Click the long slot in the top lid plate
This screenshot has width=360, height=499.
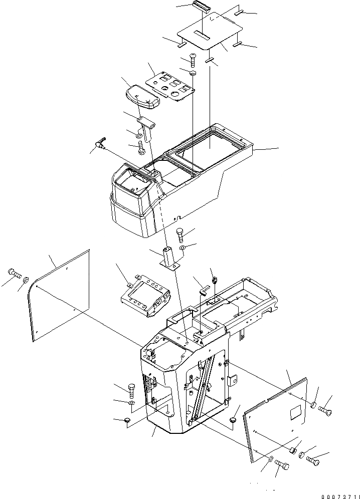tap(203, 36)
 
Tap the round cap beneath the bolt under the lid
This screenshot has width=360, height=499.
tap(193, 75)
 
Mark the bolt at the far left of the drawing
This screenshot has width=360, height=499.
tap(14, 274)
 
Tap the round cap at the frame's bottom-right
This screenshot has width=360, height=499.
tap(233, 419)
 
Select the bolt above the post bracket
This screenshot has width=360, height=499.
tap(180, 234)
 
